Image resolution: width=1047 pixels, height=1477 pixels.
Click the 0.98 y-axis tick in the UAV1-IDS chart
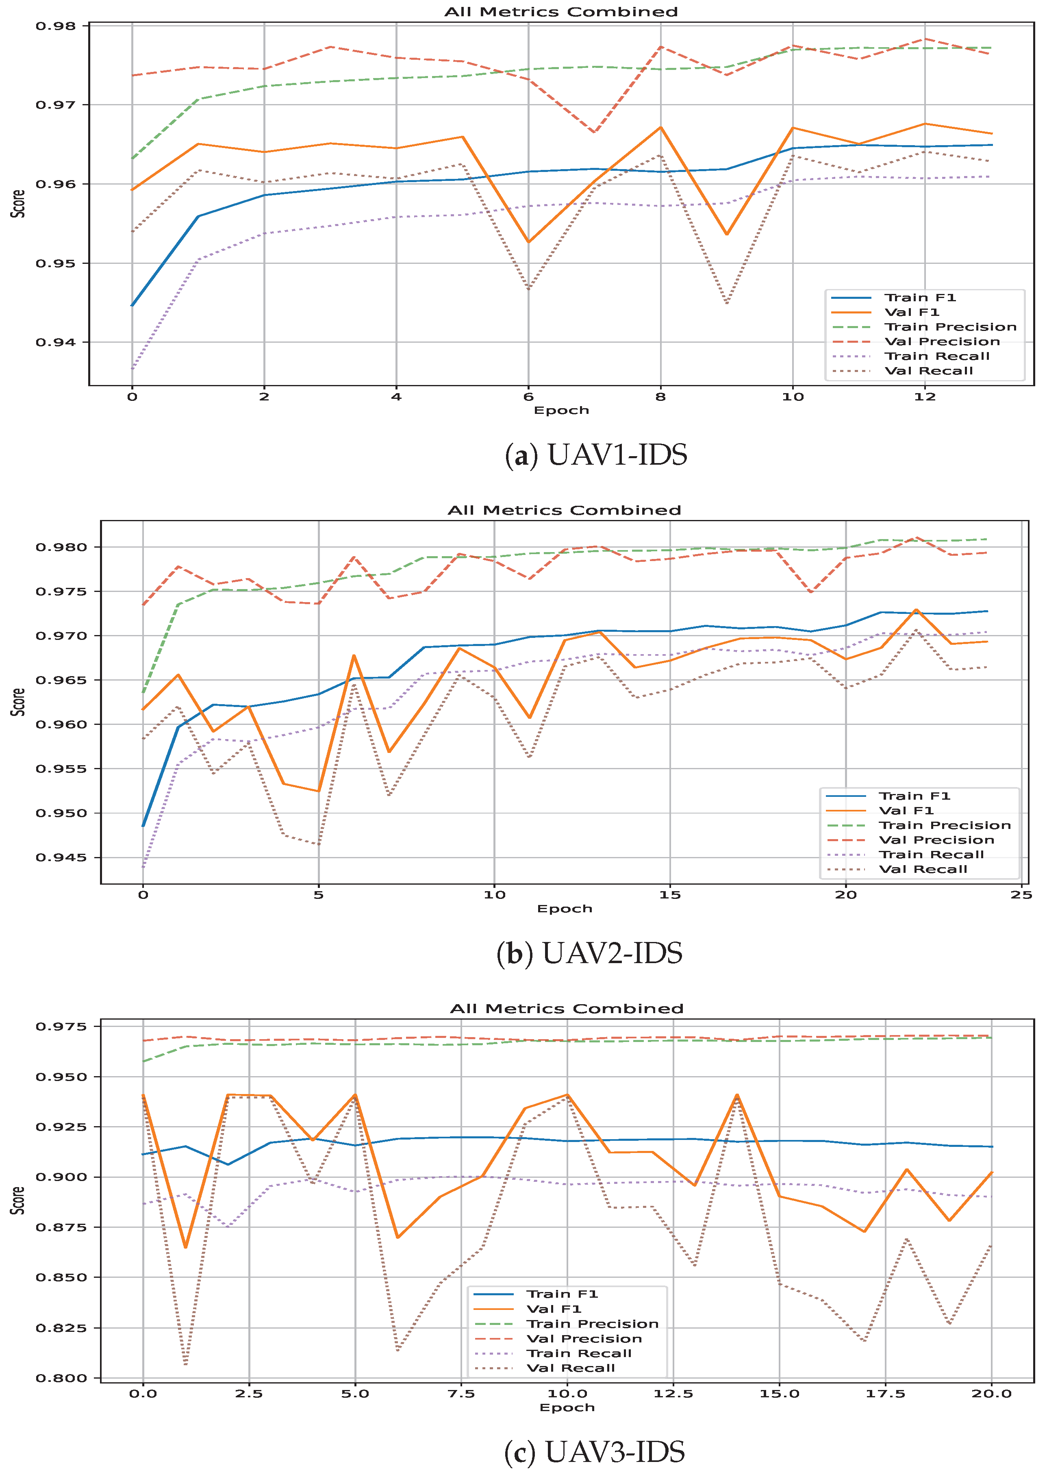55,26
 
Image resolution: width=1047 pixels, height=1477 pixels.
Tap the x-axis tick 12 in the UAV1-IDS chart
925,396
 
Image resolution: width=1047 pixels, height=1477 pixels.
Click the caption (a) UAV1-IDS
596,455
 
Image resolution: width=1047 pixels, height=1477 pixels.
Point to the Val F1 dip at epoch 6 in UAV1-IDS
529,242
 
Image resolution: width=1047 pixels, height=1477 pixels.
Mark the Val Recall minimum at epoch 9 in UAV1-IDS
727,303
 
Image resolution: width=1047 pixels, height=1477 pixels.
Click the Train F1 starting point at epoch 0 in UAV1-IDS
132,306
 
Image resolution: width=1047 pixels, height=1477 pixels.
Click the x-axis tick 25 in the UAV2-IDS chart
1022,895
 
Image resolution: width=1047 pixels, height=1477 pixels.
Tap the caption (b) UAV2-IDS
589,953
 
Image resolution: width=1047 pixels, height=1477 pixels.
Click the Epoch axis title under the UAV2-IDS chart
565,909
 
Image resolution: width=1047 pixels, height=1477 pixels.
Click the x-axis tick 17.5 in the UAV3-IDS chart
885,1394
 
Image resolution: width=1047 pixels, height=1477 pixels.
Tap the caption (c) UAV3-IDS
594,1453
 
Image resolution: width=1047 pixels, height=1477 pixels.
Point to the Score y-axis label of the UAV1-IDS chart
18,204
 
